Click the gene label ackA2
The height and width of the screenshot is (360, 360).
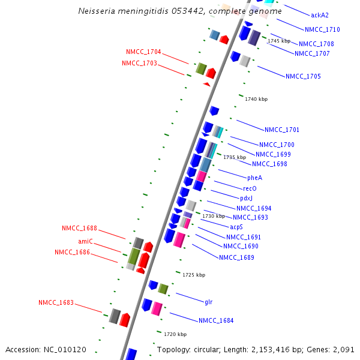(320, 15)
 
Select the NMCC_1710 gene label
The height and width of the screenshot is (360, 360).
(322, 29)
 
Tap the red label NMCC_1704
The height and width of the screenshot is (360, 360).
(143, 52)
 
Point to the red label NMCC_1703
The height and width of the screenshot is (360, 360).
(139, 63)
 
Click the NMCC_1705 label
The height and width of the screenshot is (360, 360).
(303, 76)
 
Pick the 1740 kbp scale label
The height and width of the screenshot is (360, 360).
(256, 99)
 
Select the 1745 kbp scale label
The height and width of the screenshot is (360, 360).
(279, 41)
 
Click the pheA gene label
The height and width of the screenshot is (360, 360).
(254, 178)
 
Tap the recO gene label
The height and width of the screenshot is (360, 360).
(250, 188)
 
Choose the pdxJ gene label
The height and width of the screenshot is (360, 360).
(247, 198)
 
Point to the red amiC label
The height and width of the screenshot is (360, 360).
(85, 241)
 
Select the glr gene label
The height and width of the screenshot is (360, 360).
(209, 302)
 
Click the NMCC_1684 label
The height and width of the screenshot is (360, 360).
(216, 320)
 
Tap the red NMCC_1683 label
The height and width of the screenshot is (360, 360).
(56, 302)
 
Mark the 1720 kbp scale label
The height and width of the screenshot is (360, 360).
(175, 334)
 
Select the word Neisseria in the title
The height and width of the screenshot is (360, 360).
(95, 11)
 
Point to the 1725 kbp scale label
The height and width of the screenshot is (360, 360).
(194, 275)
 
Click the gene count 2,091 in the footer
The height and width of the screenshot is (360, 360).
(343, 349)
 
